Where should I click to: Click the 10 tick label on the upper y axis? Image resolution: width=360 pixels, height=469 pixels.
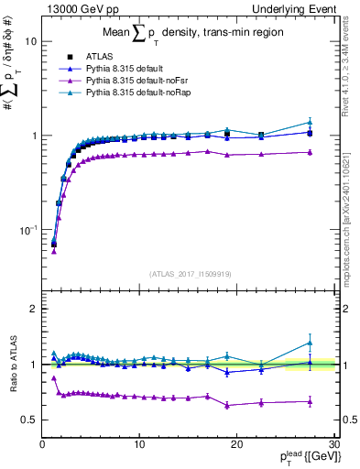pos(30,41)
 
